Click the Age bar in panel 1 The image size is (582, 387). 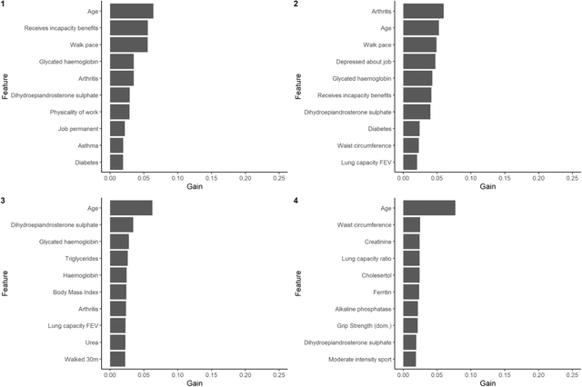click(131, 11)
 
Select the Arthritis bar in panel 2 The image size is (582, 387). click(423, 11)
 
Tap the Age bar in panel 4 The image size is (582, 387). click(428, 208)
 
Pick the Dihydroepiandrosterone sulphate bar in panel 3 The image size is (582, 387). click(121, 224)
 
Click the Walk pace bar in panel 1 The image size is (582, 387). click(128, 45)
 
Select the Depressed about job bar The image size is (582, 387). click(419, 61)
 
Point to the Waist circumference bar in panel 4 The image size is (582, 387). click(411, 224)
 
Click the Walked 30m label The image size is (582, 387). click(82, 360)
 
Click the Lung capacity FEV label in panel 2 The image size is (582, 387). click(368, 162)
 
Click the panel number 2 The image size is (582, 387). click(296, 5)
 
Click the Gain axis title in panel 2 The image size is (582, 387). click(487, 186)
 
